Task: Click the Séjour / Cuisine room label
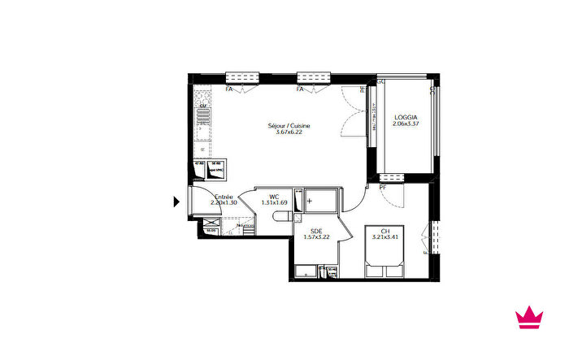point(289,126)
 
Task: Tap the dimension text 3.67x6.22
point(289,133)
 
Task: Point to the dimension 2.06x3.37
point(406,124)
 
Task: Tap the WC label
point(275,196)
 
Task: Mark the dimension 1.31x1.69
point(275,202)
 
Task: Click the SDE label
point(316,231)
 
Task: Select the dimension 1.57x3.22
point(316,237)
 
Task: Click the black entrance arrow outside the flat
point(177,202)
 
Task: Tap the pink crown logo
point(529,318)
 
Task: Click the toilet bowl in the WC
point(282,215)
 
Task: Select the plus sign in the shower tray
point(309,199)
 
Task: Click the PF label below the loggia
point(382,188)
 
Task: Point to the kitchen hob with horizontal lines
point(203,123)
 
